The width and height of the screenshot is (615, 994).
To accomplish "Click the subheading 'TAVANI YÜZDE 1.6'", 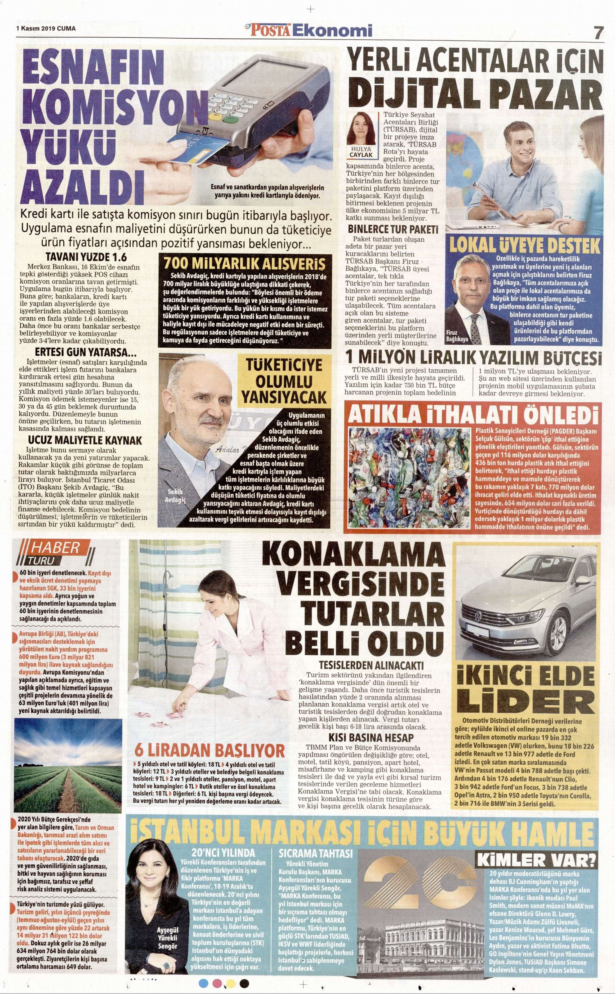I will [86, 257].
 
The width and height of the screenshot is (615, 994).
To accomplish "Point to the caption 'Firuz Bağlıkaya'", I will [457, 335].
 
